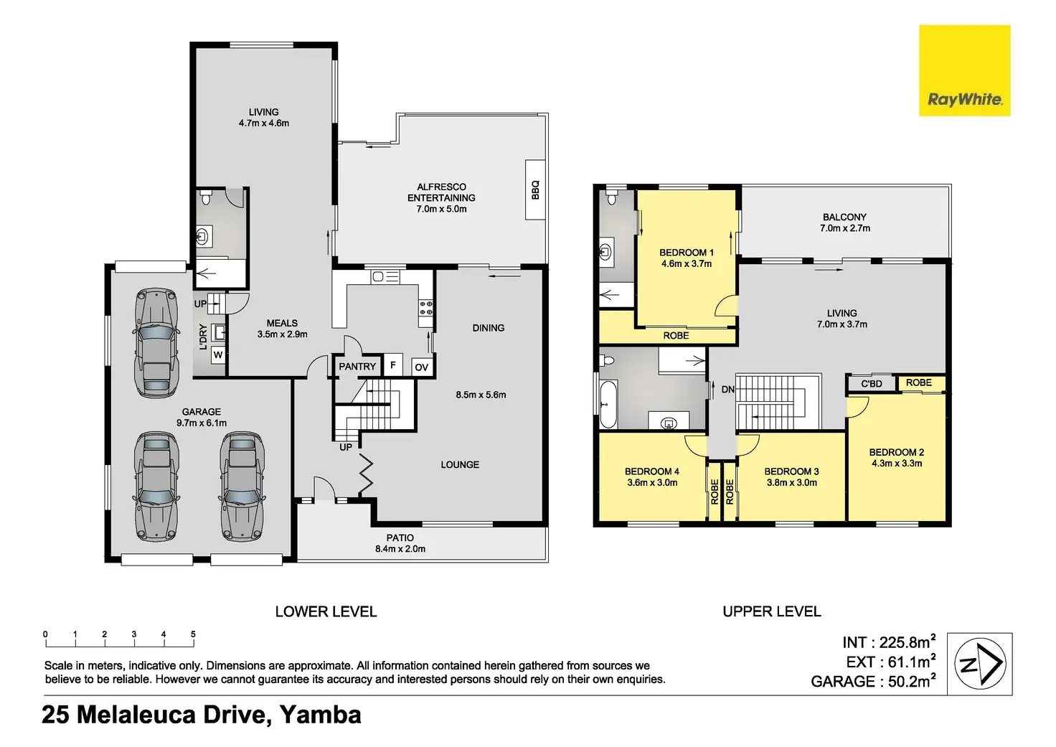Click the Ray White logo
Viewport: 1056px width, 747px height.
(x=965, y=70)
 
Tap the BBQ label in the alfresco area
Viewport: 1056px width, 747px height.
(x=535, y=190)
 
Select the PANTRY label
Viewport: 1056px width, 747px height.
(x=357, y=367)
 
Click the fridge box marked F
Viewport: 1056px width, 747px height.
(x=392, y=365)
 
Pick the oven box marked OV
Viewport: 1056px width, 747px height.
(x=421, y=367)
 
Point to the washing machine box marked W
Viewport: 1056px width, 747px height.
(x=218, y=355)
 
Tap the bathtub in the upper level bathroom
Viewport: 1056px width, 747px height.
(x=608, y=404)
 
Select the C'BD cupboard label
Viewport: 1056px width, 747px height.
(x=872, y=384)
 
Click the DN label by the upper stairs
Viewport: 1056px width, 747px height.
(x=728, y=390)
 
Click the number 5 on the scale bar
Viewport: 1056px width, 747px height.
(x=193, y=634)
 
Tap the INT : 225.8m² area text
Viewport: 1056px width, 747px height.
(x=889, y=642)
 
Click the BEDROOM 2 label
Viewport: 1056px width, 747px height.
(x=897, y=452)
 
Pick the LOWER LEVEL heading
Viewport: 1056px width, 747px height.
(x=326, y=611)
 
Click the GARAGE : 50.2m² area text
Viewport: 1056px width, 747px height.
(x=873, y=681)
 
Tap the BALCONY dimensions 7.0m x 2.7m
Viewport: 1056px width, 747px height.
(x=845, y=228)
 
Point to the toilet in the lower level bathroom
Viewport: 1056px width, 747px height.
(x=206, y=197)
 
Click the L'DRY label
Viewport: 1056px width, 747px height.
(x=203, y=337)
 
